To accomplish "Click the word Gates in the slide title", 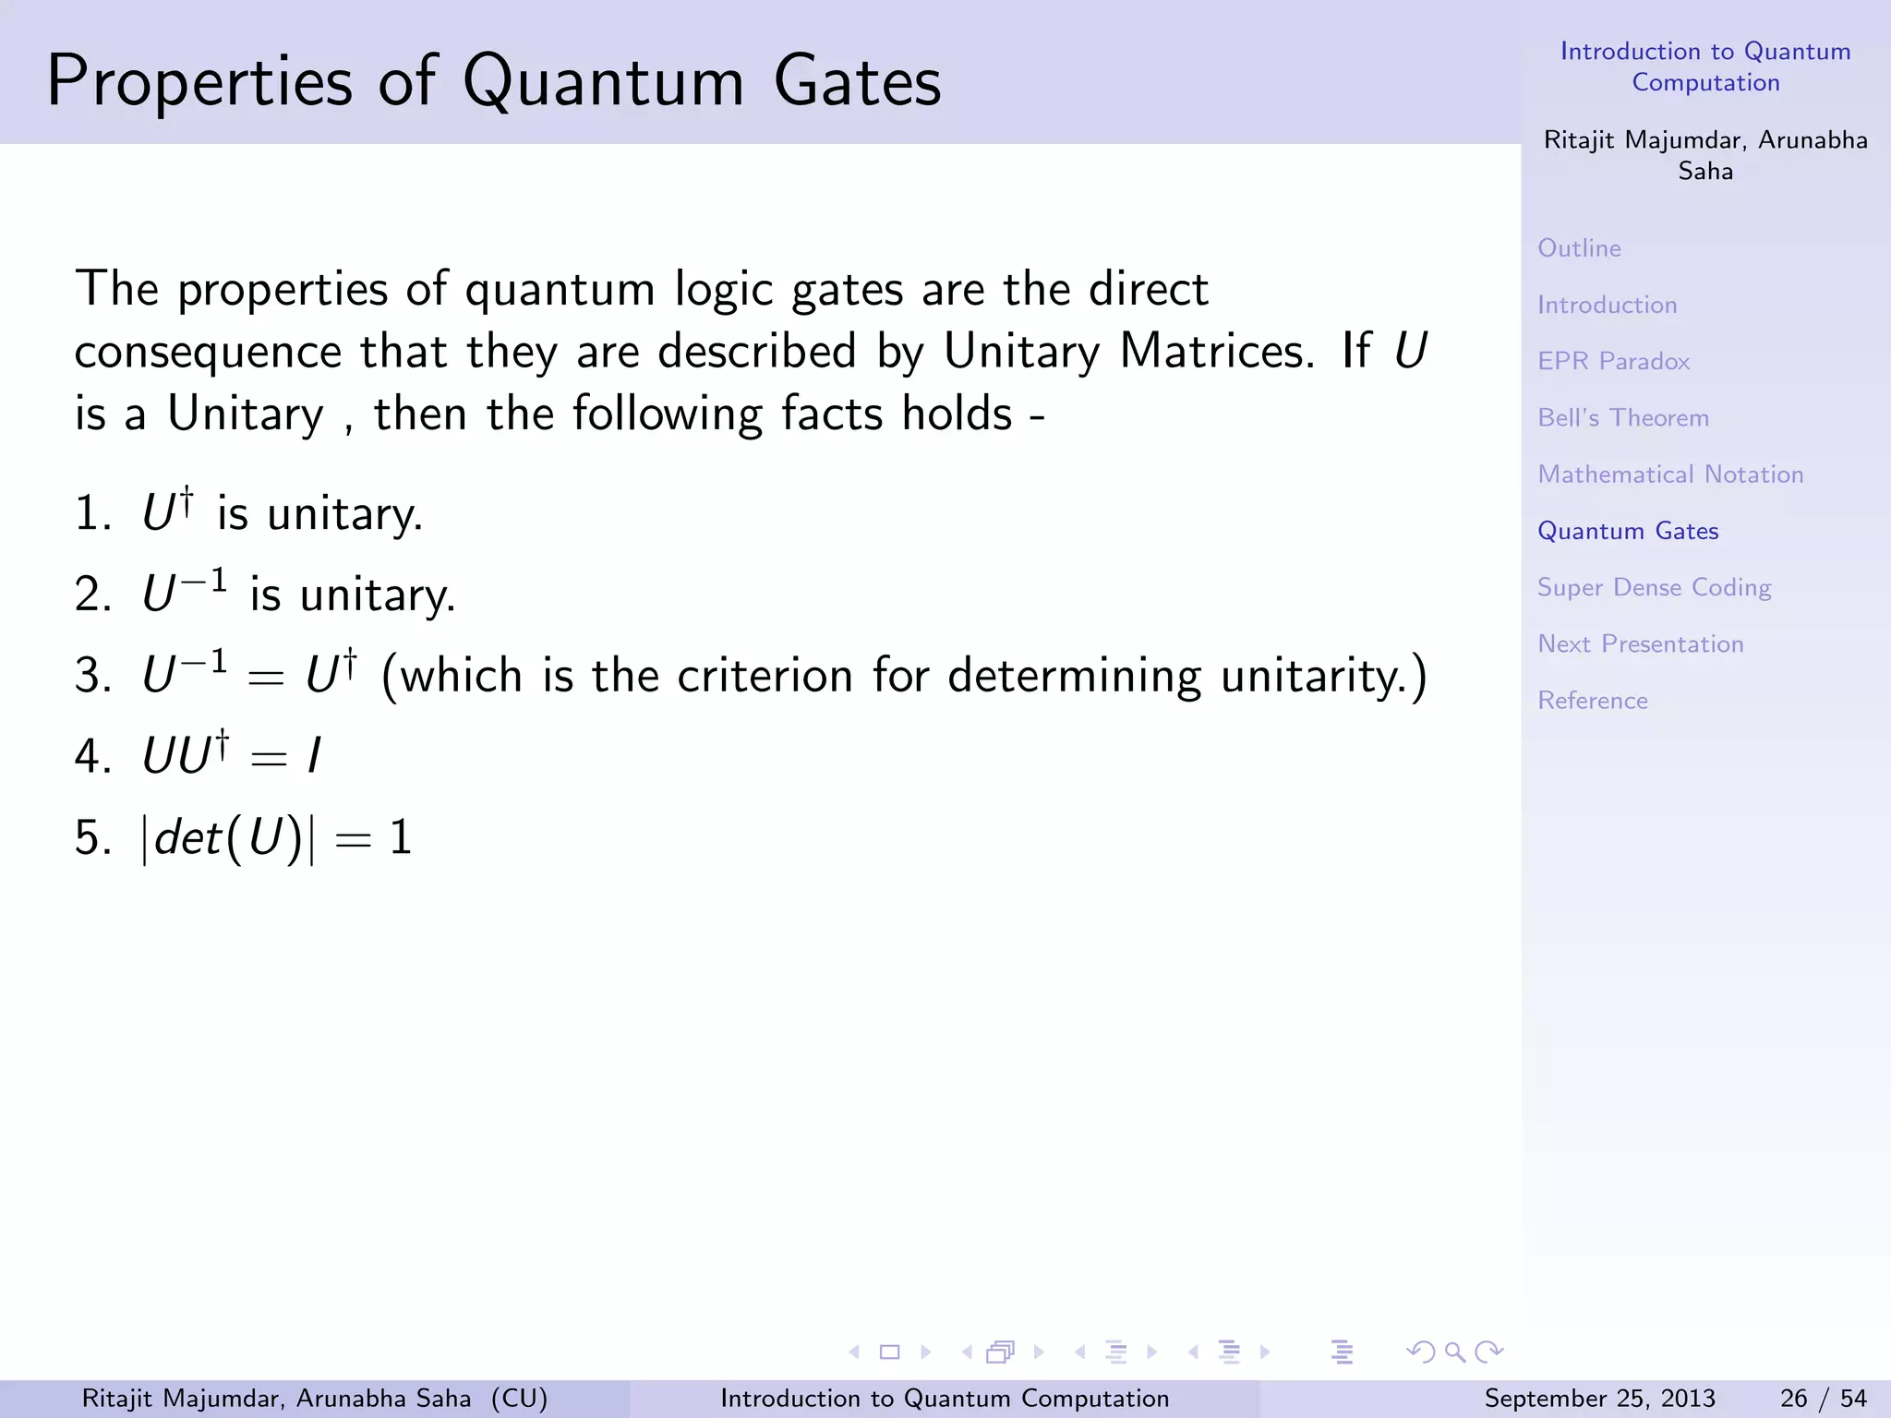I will pos(857,81).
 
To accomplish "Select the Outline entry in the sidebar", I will pos(1579,248).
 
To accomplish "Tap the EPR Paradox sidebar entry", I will pos(1613,361).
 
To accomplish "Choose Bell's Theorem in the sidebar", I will pos(1622,418).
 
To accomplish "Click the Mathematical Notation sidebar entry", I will pos(1669,475).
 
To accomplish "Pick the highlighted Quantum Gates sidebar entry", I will pos(1627,531).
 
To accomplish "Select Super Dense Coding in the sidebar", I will pos(1654,588).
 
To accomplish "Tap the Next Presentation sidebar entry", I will pos(1640,644).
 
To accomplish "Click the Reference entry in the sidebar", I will pos(1592,701).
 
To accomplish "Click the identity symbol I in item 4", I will pos(314,757).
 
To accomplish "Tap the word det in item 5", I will pos(187,838).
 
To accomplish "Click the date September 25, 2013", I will pos(1599,1399).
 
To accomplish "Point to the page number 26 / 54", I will pos(1823,1399).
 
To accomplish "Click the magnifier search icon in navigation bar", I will pos(1455,1352).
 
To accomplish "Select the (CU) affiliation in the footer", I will pos(519,1399).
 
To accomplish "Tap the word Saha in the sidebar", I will pos(1704,172).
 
